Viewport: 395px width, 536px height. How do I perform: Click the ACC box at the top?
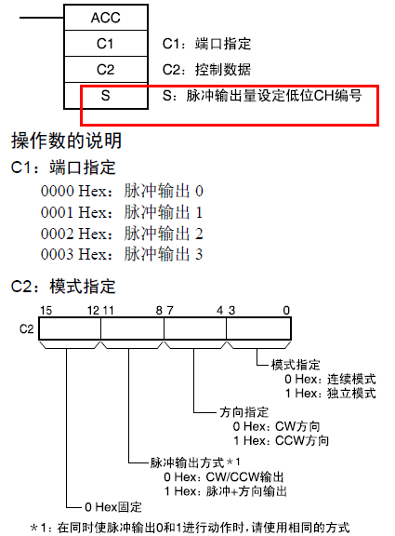(x=106, y=18)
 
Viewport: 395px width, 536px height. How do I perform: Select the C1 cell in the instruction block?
(x=106, y=44)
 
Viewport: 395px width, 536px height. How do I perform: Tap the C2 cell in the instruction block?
(x=106, y=70)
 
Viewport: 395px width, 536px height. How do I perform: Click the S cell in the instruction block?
(x=106, y=96)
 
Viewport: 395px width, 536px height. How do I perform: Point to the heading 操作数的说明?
(x=67, y=141)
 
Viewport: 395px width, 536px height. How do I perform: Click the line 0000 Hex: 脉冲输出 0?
(x=122, y=191)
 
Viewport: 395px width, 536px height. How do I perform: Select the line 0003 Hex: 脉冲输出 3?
(x=122, y=254)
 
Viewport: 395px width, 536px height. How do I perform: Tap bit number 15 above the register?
(x=46, y=311)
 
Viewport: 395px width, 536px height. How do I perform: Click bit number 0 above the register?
(x=286, y=311)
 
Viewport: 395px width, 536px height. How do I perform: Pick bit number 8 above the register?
(x=159, y=311)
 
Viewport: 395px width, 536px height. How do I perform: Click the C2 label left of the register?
(x=26, y=329)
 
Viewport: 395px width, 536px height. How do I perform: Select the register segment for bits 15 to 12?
(x=70, y=328)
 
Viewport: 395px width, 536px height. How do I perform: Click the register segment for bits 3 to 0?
(x=258, y=328)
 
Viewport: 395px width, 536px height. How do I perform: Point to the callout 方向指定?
(x=244, y=412)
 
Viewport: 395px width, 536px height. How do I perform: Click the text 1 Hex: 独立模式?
(x=331, y=393)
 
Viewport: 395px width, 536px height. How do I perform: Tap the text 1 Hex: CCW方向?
(x=281, y=440)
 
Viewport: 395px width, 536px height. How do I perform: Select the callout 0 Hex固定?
(x=113, y=506)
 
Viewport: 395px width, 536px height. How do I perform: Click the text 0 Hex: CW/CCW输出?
(x=224, y=476)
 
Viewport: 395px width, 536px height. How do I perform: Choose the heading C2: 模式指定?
(x=63, y=287)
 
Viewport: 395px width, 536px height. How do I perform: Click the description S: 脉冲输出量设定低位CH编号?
(x=262, y=96)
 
